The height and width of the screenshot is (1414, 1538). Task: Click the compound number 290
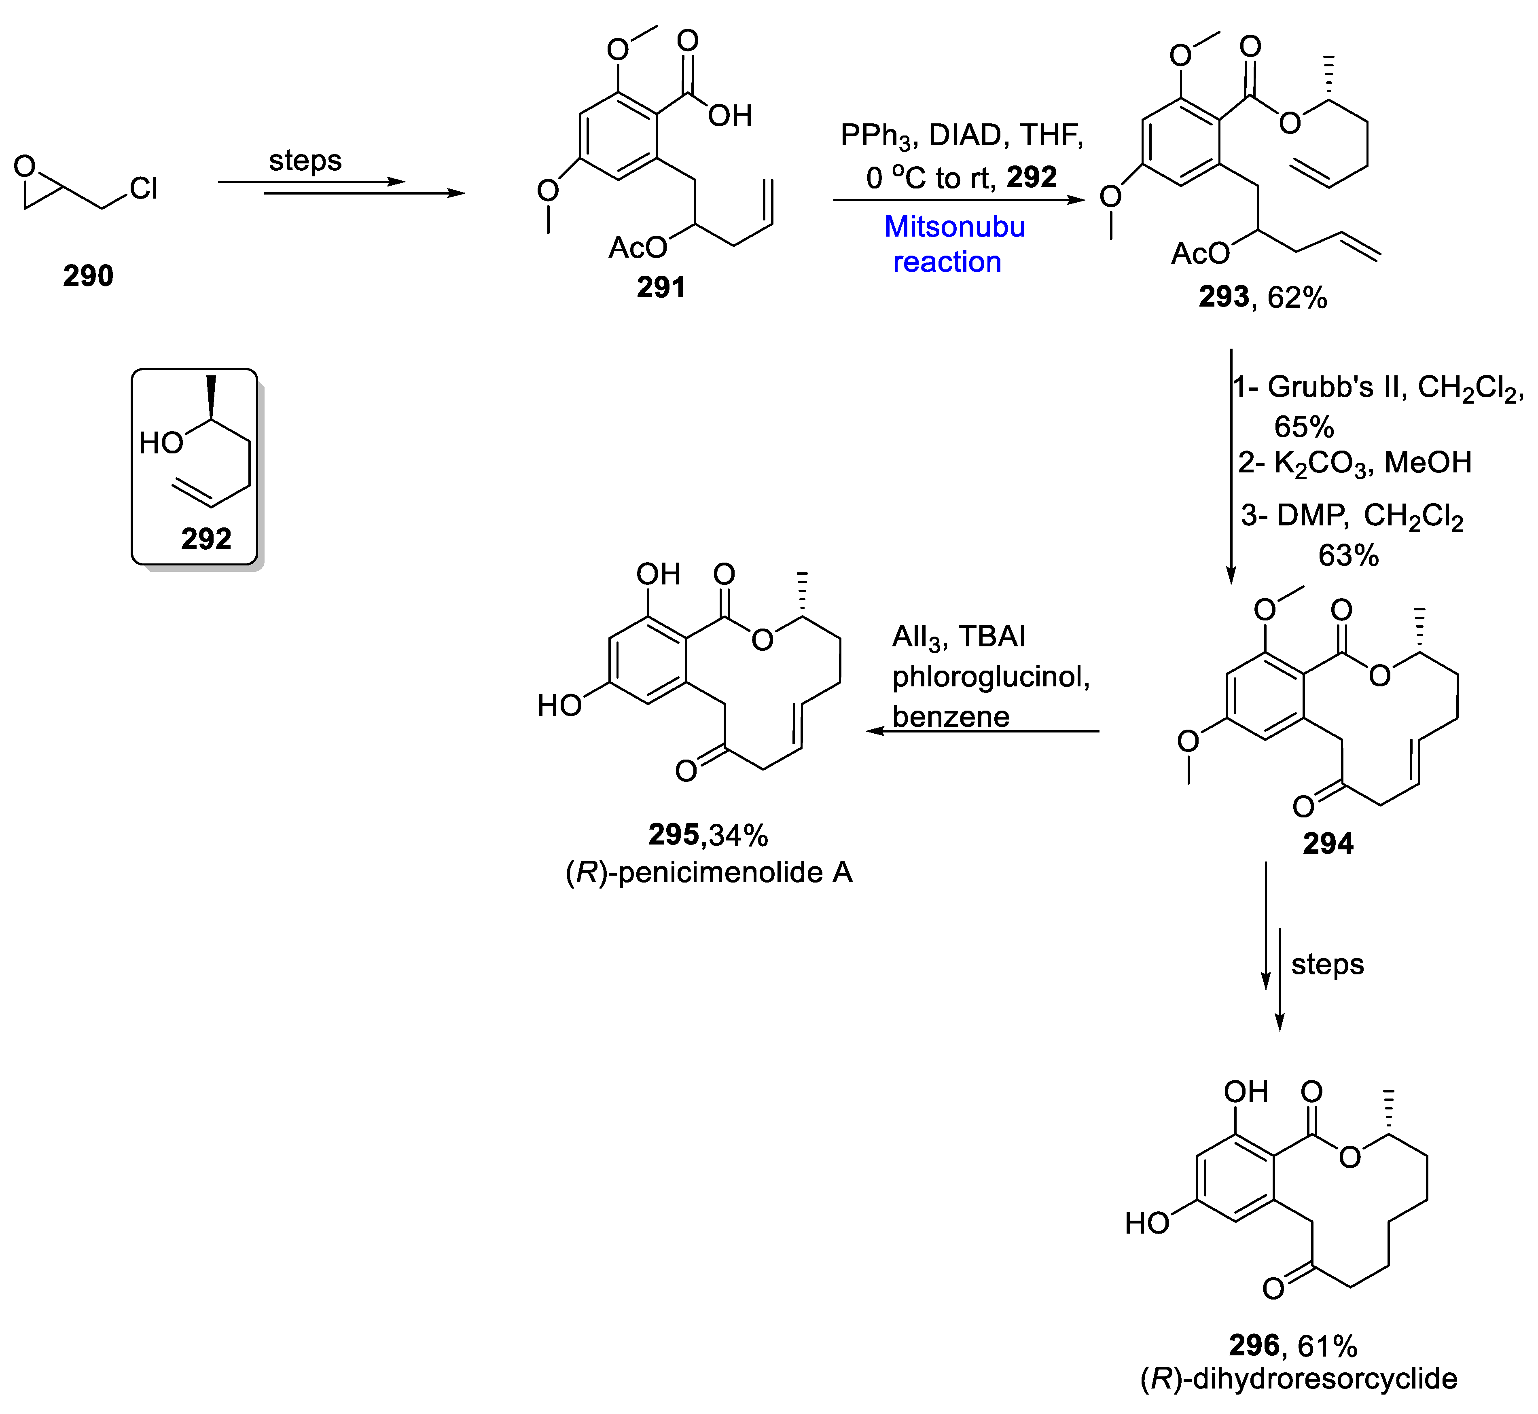click(x=88, y=275)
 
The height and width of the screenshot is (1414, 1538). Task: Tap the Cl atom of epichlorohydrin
click(x=144, y=188)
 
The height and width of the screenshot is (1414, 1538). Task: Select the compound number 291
click(x=661, y=288)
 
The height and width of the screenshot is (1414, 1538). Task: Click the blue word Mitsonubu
click(x=954, y=227)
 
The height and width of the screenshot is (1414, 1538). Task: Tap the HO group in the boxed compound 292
click(x=161, y=443)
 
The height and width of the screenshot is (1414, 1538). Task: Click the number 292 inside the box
click(x=206, y=540)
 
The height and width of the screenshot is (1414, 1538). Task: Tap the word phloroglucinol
click(x=991, y=676)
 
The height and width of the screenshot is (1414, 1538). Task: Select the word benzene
click(x=950, y=717)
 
